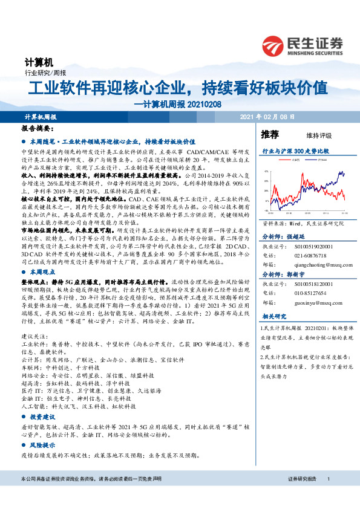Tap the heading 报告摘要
point(36,129)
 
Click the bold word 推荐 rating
point(270,134)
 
